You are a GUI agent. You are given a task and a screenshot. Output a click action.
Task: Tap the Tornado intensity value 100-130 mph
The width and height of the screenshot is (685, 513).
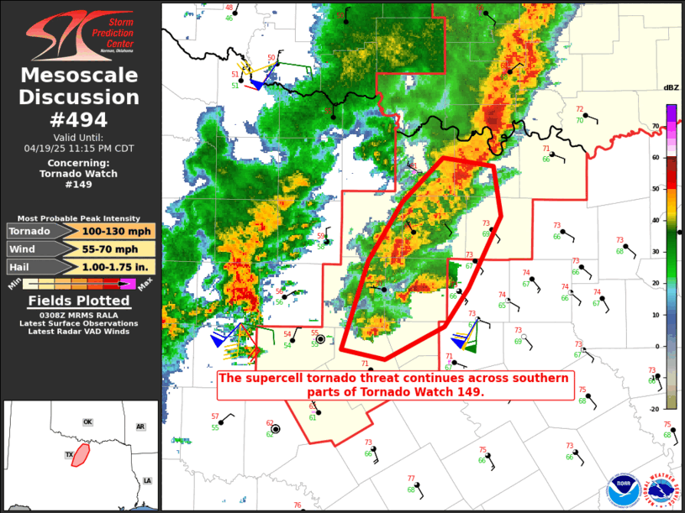pos(119,231)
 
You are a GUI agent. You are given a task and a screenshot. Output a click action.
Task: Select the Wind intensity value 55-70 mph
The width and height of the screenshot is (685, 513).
pos(119,249)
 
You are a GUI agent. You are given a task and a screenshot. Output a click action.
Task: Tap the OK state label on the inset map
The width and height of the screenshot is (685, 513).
pos(87,421)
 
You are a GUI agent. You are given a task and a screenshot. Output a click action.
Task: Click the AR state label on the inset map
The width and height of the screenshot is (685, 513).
pos(140,427)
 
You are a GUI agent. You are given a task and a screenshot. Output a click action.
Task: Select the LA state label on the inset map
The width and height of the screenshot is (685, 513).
pos(147,480)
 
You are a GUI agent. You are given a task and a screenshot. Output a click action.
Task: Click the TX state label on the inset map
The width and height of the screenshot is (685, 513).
pos(70,454)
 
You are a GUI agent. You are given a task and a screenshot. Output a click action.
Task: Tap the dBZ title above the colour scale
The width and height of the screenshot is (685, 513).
pos(671,88)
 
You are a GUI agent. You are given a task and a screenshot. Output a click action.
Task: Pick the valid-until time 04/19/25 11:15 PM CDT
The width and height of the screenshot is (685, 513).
pos(81,148)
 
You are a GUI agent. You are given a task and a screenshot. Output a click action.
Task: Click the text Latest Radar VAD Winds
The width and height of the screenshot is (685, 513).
pos(81,332)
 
